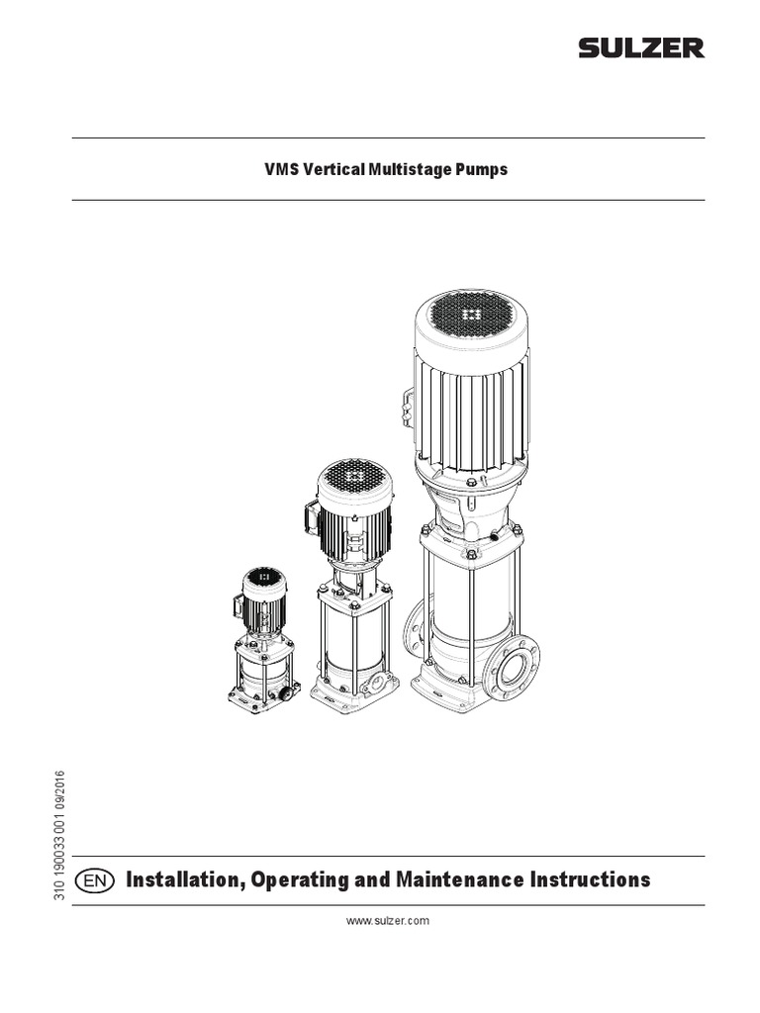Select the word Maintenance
477,879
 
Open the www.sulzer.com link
387,921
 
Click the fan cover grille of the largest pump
471,315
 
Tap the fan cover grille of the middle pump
354,479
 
